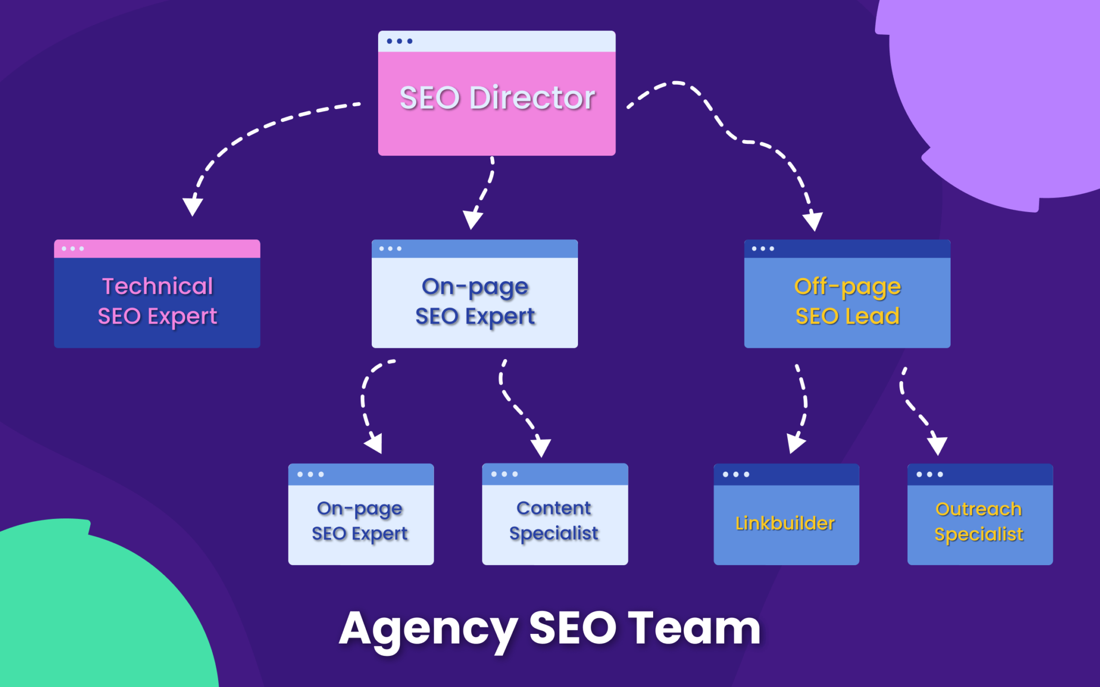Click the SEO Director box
[496, 102]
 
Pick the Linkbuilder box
[786, 523]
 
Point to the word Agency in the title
[428, 629]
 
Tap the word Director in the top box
[532, 98]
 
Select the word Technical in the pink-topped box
[157, 286]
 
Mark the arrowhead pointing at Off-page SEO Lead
[813, 221]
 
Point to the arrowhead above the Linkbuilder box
[795, 443]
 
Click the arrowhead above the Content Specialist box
[541, 447]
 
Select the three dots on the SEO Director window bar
[400, 41]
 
